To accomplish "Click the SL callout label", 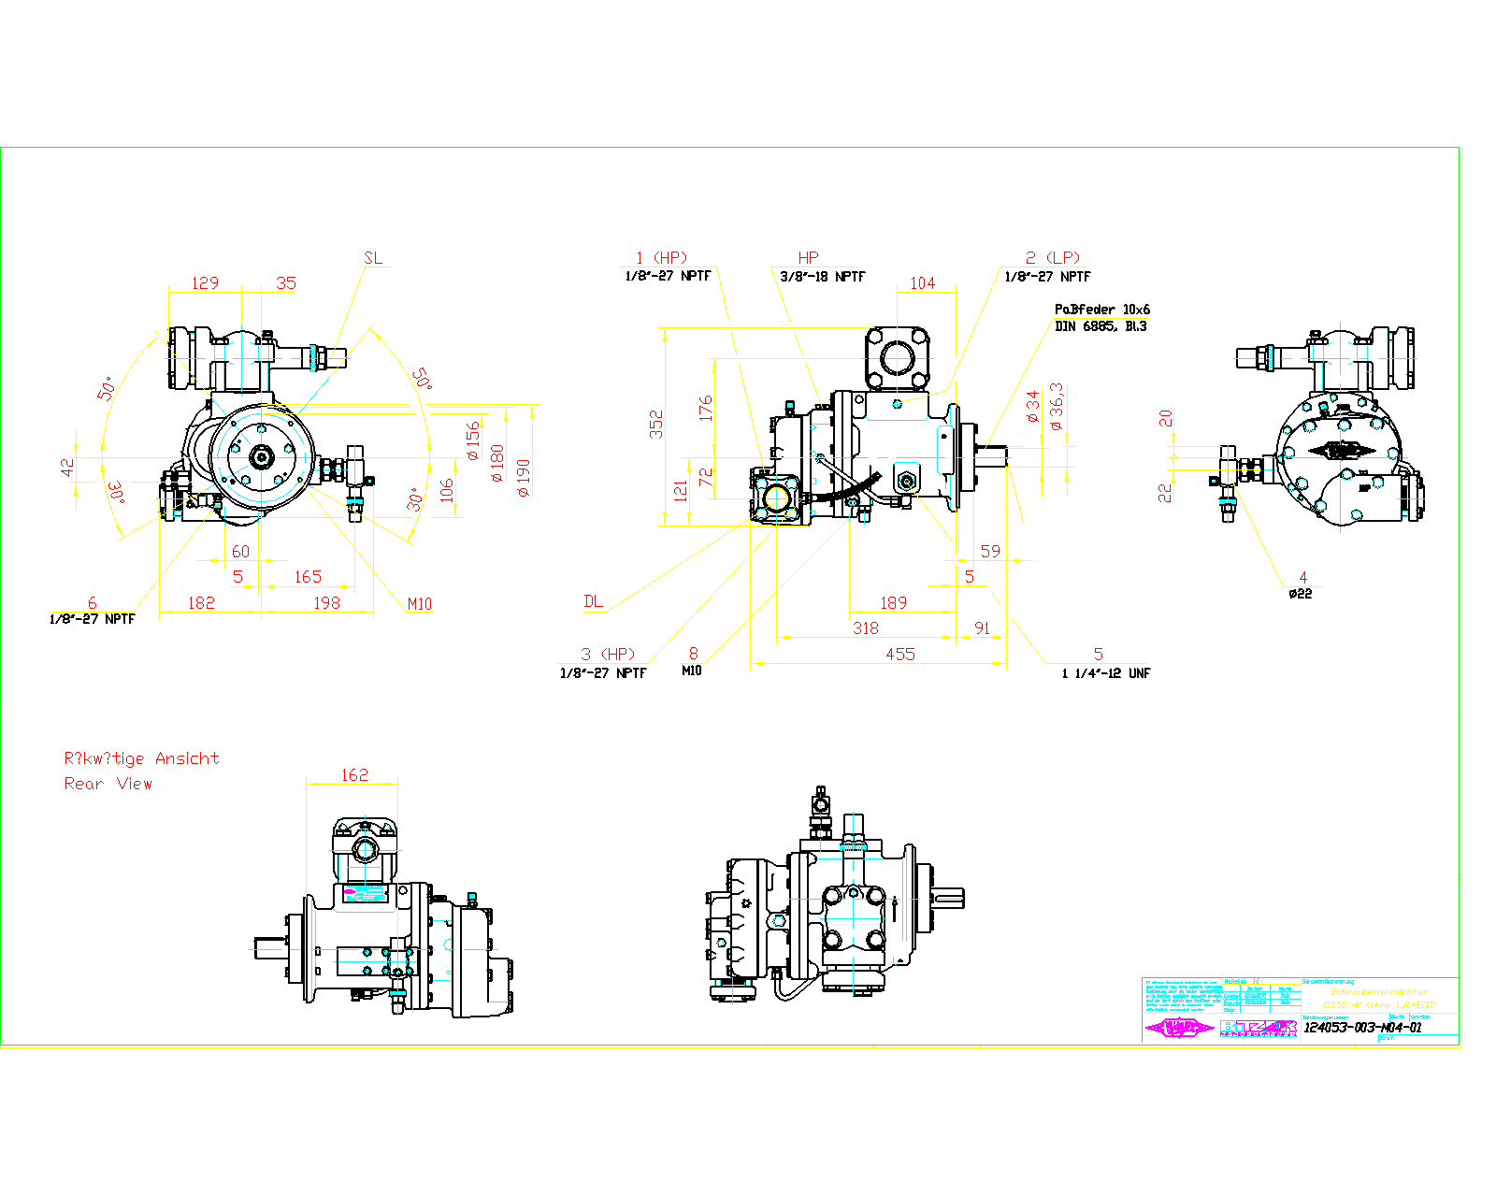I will [373, 258].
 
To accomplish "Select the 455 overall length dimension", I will [899, 654].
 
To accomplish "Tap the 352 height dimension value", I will [656, 424].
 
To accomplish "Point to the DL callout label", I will [593, 601].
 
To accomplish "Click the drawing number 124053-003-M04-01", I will [1362, 1027].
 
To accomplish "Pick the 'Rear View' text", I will [108, 784].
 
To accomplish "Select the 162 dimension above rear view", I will [354, 774].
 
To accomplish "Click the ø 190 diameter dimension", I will [523, 477].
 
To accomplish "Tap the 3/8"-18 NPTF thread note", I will [822, 277].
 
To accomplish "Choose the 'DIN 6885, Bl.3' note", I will [1100, 326].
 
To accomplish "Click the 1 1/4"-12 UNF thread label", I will [1105, 673].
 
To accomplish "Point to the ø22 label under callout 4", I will [1300, 594].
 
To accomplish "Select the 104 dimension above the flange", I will [922, 282].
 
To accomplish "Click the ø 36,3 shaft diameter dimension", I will [1057, 407].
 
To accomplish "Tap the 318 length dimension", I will [865, 627].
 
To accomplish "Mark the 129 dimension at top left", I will [205, 282].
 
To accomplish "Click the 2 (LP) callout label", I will [1052, 257].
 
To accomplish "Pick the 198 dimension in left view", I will [326, 602].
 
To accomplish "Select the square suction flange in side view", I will [897, 357].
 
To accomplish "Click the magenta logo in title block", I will [1180, 1028].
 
